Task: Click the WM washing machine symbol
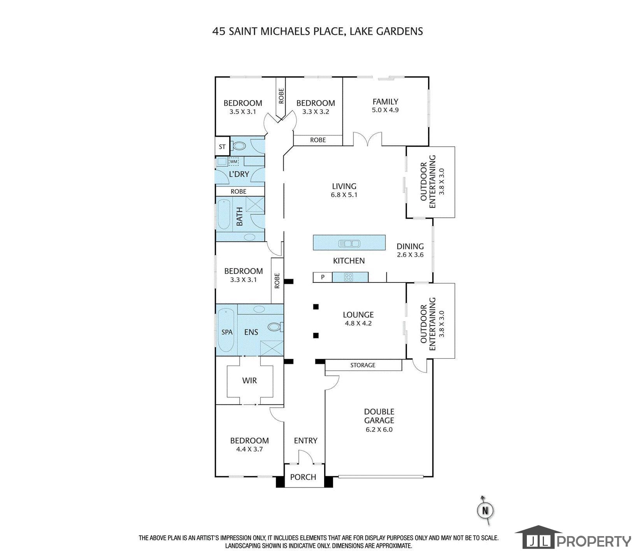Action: [233, 161]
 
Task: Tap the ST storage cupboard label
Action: [222, 147]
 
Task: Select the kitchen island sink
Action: [349, 244]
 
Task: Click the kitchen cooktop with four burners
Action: [348, 277]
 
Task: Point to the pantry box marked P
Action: [323, 277]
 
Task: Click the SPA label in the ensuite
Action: [227, 332]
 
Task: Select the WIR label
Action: [249, 380]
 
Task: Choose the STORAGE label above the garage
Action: [363, 365]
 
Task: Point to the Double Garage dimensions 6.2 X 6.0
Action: [379, 430]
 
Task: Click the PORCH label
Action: [303, 477]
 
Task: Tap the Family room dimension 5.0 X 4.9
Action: [385, 110]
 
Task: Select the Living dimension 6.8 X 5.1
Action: [344, 195]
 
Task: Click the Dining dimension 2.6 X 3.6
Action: [410, 255]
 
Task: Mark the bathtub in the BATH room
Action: [223, 215]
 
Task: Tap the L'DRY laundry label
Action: [239, 174]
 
